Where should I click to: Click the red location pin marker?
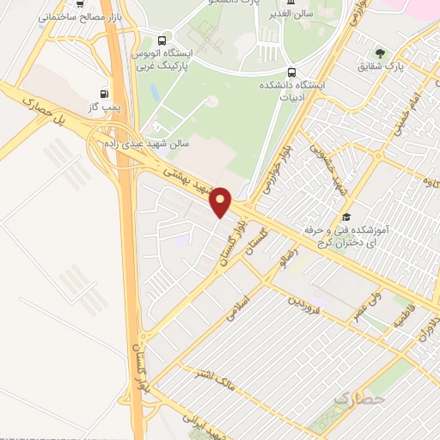coord(221,200)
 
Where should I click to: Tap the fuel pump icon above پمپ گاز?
coord(105,94)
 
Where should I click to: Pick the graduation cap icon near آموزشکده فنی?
coord(346,217)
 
